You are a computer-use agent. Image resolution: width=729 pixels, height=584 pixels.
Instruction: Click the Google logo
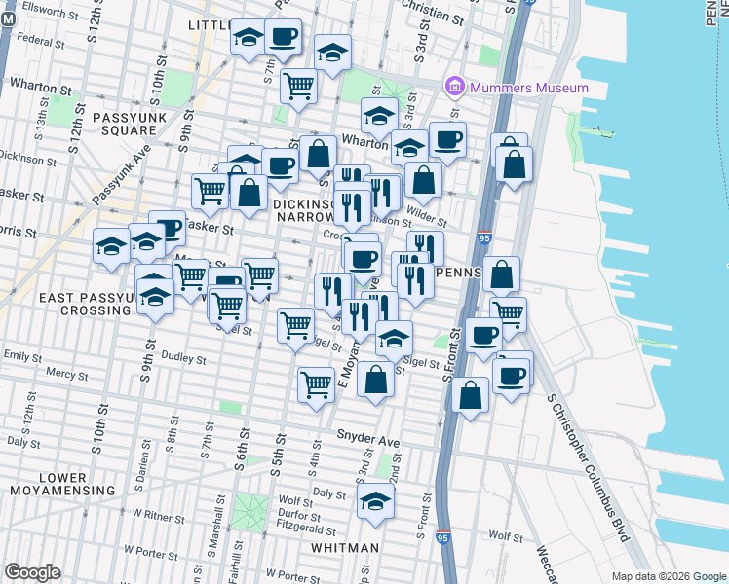32,571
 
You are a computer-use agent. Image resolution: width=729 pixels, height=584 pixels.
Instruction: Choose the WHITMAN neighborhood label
345,548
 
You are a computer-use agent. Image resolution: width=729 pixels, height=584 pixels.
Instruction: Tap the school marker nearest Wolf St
373,501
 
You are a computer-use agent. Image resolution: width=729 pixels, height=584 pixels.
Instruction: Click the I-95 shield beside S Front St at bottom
443,537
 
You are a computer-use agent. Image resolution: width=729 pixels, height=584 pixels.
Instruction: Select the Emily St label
21,356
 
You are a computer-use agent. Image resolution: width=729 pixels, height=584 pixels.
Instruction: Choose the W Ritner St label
160,512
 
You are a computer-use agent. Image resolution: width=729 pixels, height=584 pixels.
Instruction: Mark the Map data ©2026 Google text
668,576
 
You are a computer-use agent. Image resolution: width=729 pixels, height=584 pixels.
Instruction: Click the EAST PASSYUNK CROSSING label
70,303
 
